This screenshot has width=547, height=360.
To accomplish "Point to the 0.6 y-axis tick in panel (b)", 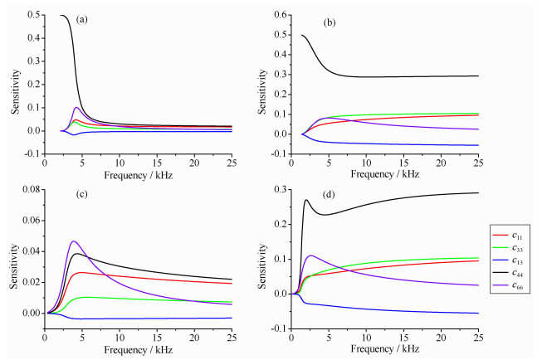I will tap(281, 15).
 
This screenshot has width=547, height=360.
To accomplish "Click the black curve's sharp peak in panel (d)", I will tap(306, 199).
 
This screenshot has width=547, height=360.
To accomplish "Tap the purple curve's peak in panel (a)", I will tap(77, 107).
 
